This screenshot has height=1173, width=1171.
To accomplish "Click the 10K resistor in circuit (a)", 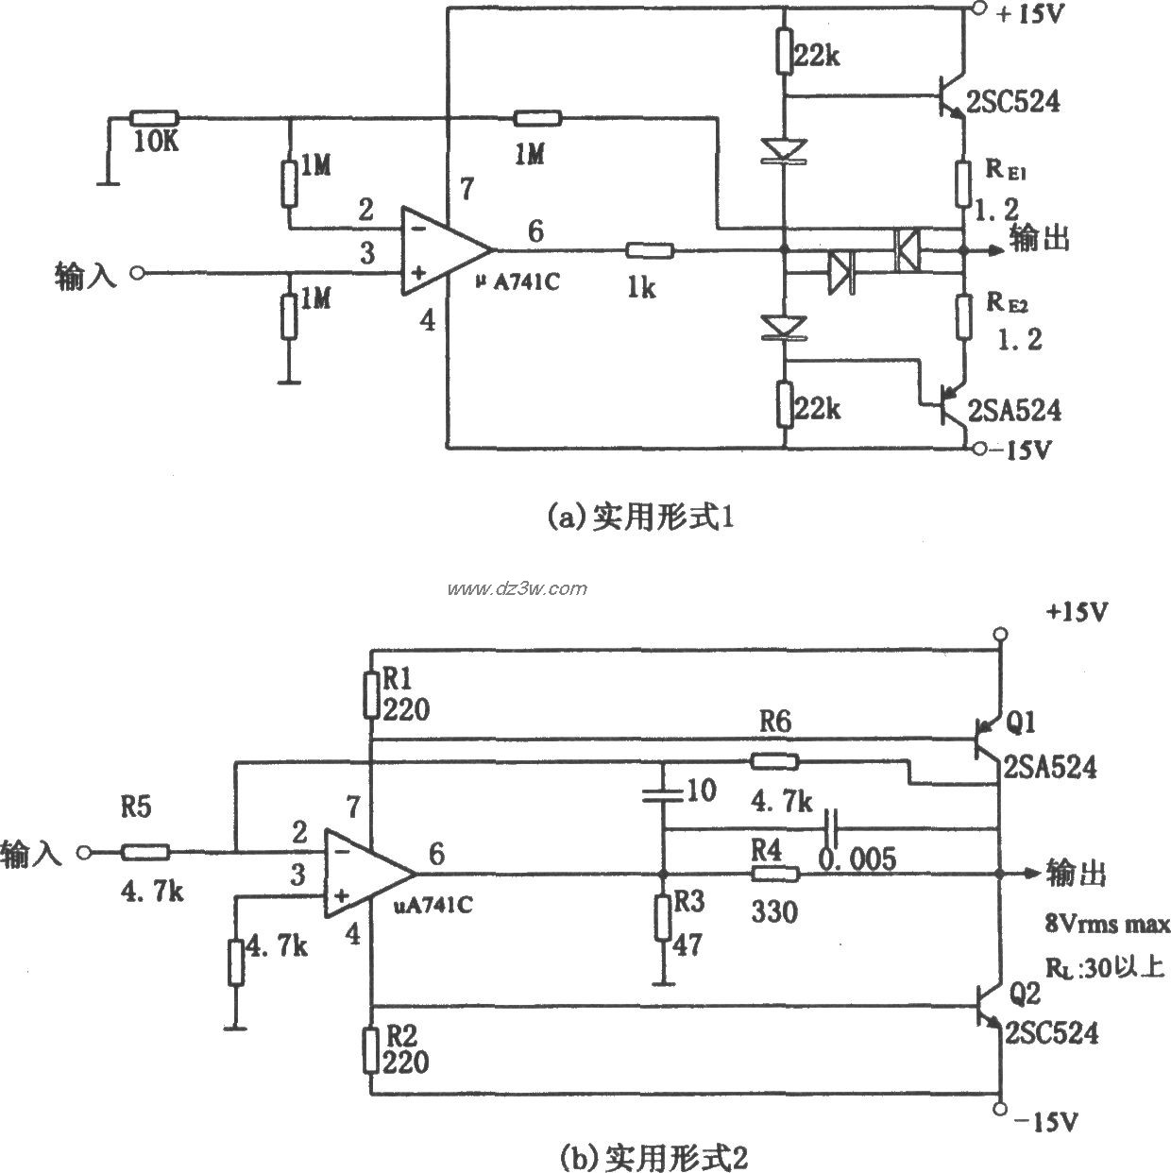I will pos(154,118).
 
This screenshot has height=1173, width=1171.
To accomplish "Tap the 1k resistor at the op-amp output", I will pos(649,251).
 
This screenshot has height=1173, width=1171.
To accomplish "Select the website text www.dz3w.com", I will pos(517,589).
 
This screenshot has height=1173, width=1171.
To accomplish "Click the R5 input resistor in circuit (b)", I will pos(145,853).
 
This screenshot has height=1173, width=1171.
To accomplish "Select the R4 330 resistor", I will pos(774,874).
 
